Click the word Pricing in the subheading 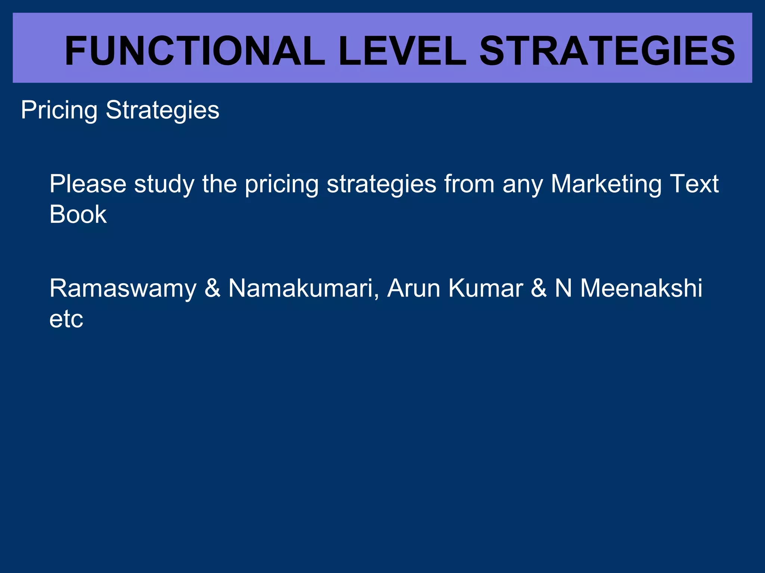pyautogui.click(x=59, y=110)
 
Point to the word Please pyautogui.click(x=88, y=184)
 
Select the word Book pyautogui.click(x=78, y=215)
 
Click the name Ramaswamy pyautogui.click(x=123, y=289)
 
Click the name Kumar pyautogui.click(x=486, y=288)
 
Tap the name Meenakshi pyautogui.click(x=641, y=288)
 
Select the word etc pyautogui.click(x=66, y=319)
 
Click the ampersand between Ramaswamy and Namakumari pyautogui.click(x=212, y=288)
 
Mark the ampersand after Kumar pyautogui.click(x=539, y=288)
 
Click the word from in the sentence pyautogui.click(x=469, y=184)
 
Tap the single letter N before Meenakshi pyautogui.click(x=563, y=288)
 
